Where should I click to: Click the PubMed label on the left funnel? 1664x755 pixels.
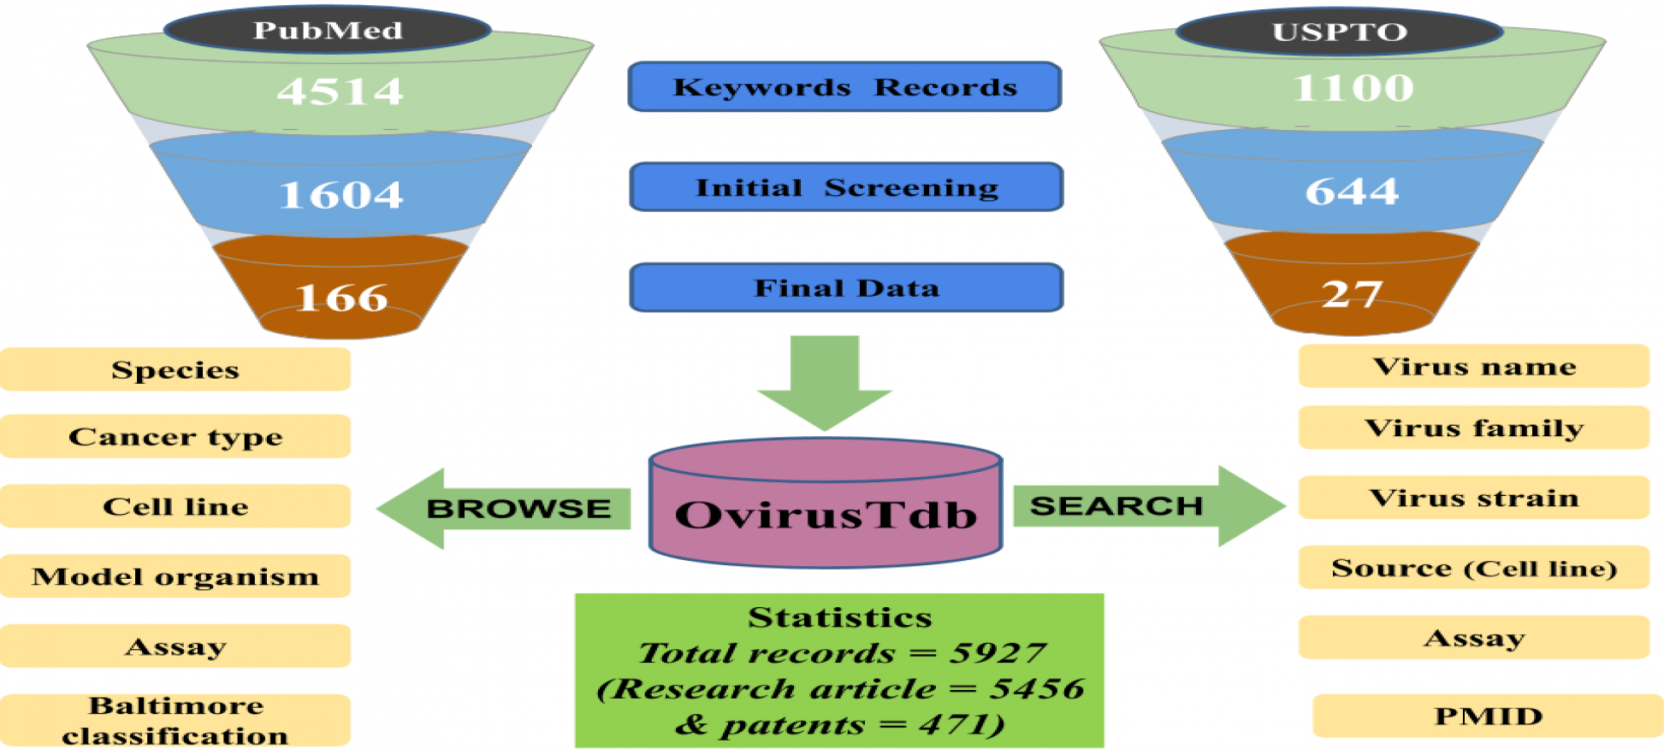pos(328,31)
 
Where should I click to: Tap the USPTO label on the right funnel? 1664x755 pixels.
pos(1339,32)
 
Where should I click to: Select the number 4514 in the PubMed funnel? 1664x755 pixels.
pos(340,91)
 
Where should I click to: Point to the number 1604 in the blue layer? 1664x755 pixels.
pos(340,195)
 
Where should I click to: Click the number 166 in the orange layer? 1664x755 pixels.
pos(341,298)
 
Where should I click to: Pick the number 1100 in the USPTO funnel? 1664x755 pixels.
pos(1353,88)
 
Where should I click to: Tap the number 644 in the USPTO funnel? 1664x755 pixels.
pos(1352,191)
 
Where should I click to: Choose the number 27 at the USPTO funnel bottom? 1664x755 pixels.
pos(1351,294)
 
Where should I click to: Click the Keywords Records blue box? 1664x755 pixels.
pos(844,87)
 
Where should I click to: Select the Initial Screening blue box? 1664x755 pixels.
pos(846,187)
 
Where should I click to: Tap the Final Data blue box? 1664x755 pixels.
pos(846,288)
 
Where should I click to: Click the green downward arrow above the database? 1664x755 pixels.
pos(825,380)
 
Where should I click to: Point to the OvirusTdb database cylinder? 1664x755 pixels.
pos(826,513)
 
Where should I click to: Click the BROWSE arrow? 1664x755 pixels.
pos(505,509)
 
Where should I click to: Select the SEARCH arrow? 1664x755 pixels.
pos(1146,506)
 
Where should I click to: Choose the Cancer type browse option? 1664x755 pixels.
pos(175,437)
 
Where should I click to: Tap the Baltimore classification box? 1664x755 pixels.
pos(175,720)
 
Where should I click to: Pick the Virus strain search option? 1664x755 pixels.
pos(1473,498)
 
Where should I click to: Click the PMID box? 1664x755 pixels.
pos(1488,716)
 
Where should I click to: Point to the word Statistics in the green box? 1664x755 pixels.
pos(839,617)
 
